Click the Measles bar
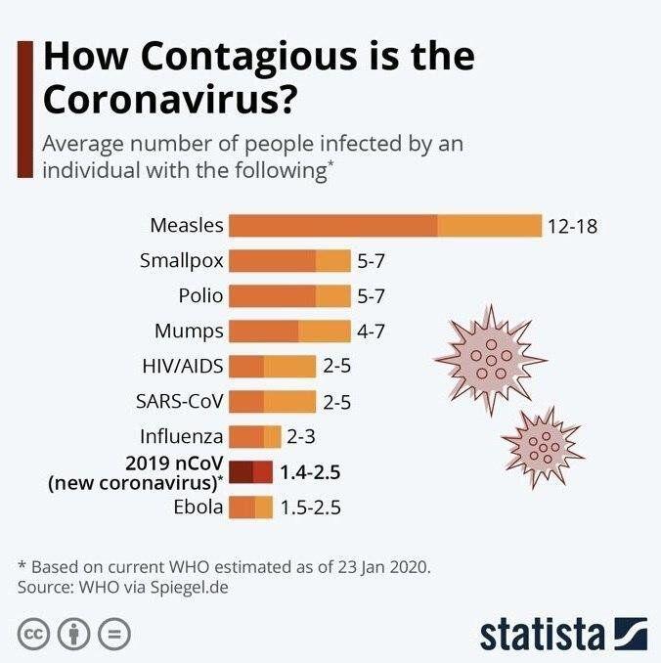tap(384, 226)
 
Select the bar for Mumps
tap(289, 331)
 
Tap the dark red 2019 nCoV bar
tap(252, 472)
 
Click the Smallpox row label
tap(182, 261)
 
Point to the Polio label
tap(200, 295)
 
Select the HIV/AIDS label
tap(183, 367)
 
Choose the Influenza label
tap(182, 436)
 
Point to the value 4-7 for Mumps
tap(371, 331)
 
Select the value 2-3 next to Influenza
tap(299, 437)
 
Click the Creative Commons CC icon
tap(34, 634)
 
